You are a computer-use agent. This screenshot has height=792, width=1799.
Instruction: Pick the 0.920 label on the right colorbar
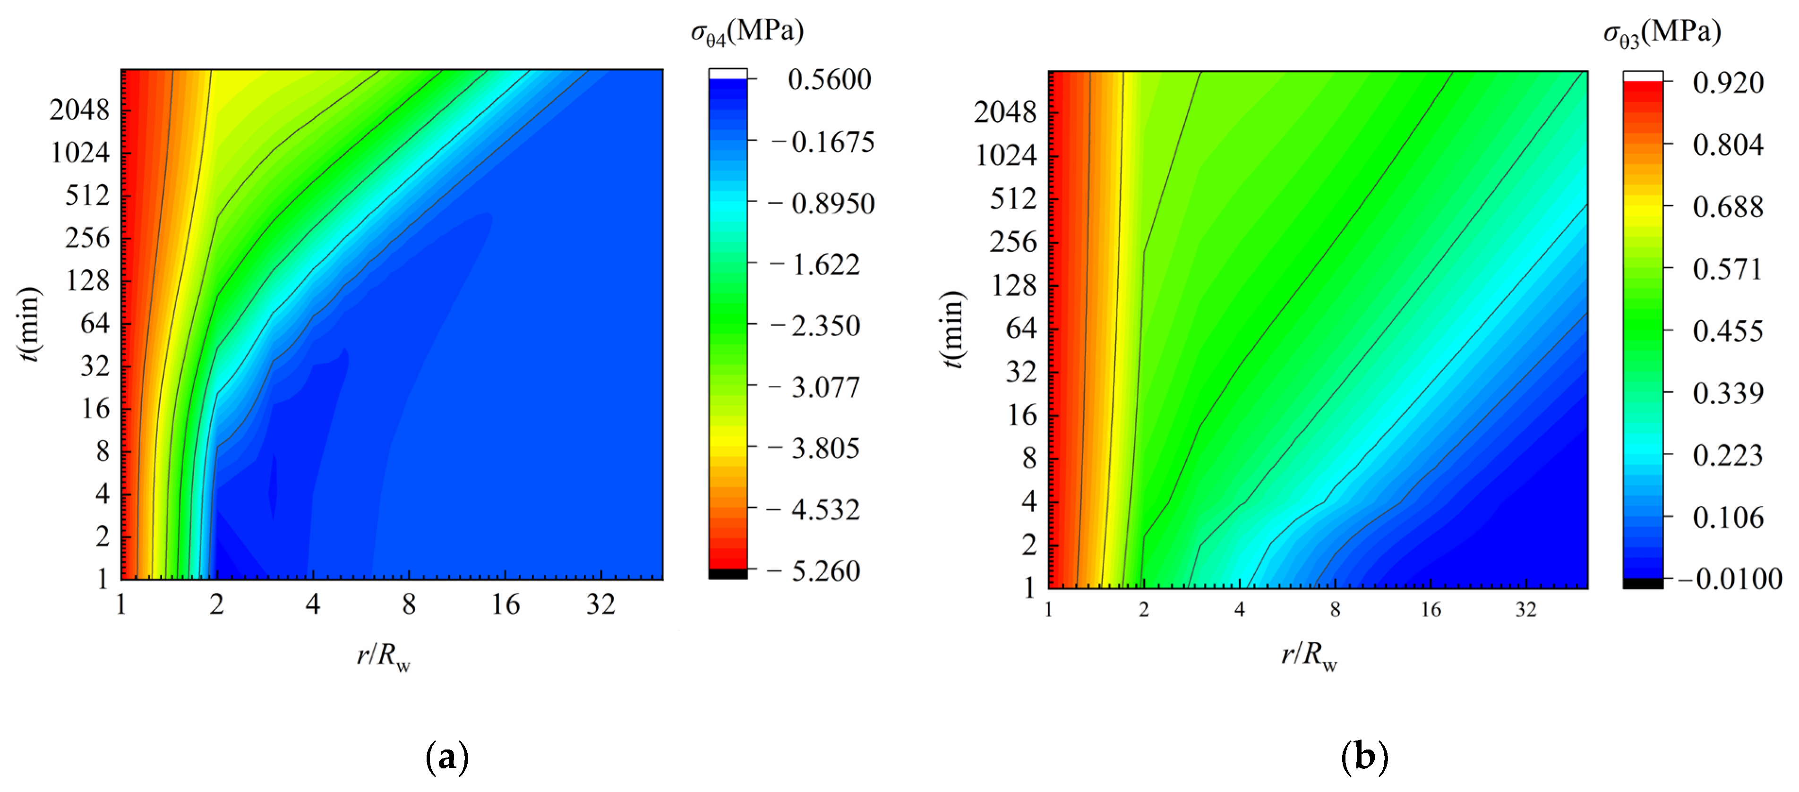[1728, 83]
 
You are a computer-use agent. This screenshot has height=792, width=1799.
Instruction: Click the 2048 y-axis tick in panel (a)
[80, 110]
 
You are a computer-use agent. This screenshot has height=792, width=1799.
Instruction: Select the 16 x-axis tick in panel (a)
[505, 605]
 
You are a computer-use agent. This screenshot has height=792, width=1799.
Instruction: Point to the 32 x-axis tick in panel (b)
[1525, 610]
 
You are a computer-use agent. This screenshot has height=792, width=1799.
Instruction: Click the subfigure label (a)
[447, 757]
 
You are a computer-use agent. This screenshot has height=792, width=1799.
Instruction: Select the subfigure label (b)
[1364, 757]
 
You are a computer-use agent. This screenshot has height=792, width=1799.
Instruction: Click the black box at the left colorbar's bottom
[728, 574]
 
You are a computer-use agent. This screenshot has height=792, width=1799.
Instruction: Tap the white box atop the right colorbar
[1643, 76]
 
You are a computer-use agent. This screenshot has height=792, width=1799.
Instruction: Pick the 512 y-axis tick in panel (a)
[87, 195]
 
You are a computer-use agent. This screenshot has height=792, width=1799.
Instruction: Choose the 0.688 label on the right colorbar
[1727, 207]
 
